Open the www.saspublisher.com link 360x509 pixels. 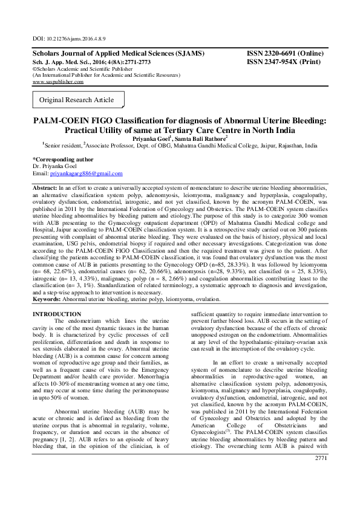[x=57, y=81]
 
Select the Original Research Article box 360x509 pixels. [x=77, y=99]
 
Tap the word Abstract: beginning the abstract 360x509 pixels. [x=45, y=189]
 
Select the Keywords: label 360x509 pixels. [x=48, y=299]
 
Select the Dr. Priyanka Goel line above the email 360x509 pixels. [x=54, y=166]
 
